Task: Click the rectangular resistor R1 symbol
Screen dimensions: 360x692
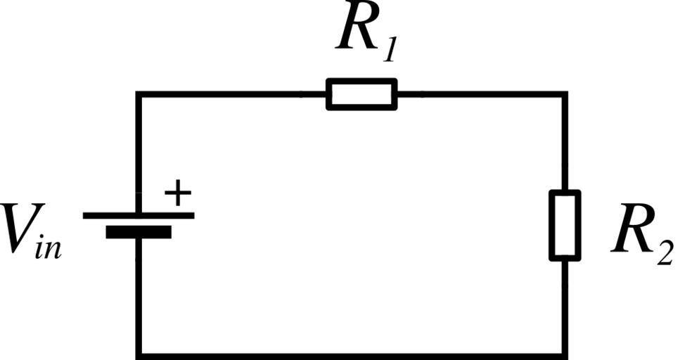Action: click(361, 94)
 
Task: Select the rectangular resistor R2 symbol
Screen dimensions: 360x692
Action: click(565, 225)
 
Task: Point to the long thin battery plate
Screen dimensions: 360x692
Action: click(139, 215)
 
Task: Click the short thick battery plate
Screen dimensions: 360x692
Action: click(139, 231)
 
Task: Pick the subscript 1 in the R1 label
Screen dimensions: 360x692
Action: click(389, 51)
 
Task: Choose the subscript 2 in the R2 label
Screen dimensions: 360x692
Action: click(664, 252)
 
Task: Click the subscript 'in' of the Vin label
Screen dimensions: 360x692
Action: click(48, 247)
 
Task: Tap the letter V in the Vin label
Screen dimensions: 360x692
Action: click(17, 229)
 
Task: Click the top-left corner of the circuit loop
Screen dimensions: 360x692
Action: click(139, 94)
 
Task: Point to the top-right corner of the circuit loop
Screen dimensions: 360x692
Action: click(565, 94)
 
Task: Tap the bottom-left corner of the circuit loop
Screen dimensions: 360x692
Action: click(139, 354)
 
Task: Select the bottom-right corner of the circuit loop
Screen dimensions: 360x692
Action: click(565, 354)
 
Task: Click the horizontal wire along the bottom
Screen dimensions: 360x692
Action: click(352, 354)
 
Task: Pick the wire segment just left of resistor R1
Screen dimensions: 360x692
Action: click(232, 94)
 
